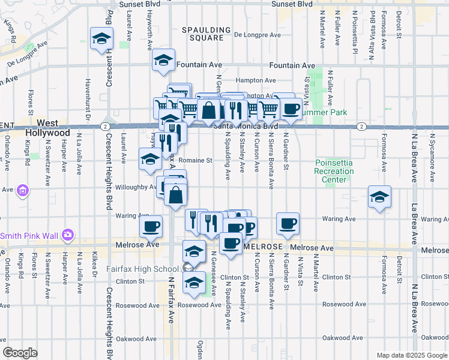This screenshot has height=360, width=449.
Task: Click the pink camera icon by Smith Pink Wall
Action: pyautogui.click(x=68, y=234)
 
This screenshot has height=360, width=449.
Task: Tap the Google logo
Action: pyautogui.click(x=20, y=353)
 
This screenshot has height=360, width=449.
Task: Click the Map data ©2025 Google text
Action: pyautogui.click(x=412, y=355)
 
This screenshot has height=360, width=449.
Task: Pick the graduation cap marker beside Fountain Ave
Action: pyautogui.click(x=163, y=60)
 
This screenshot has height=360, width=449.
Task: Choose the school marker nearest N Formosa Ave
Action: pyautogui.click(x=379, y=197)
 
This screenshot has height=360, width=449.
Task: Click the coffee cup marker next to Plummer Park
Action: pyautogui.click(x=291, y=108)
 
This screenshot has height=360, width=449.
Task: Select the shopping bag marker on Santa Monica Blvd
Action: pyautogui.click(x=208, y=110)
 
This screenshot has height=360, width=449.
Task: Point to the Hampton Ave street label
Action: pyautogui.click(x=256, y=80)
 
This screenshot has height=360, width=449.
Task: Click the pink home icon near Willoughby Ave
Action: pyautogui.click(x=23, y=191)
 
